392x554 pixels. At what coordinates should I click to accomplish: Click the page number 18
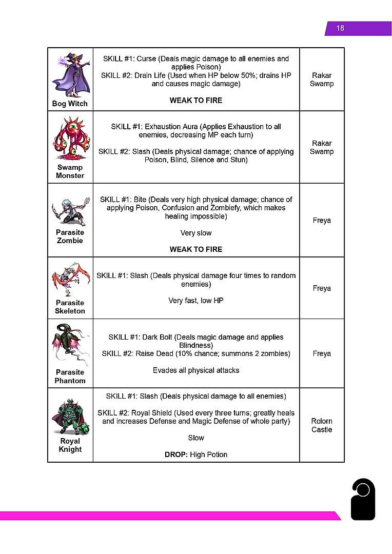340,28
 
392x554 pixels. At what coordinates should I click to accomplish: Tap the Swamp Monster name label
70,171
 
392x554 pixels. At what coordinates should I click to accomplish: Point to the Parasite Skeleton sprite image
70,280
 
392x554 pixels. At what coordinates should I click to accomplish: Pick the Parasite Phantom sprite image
70,344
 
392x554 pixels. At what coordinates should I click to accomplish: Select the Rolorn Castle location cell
322,425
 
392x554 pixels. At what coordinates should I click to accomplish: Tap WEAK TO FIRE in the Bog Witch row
196,101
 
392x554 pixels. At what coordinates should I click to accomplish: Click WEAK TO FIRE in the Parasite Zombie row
196,249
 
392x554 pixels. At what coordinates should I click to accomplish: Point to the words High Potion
209,454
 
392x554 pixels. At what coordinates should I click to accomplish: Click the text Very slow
196,233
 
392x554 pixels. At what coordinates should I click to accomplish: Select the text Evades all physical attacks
196,370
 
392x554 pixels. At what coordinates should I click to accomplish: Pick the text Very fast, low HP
196,301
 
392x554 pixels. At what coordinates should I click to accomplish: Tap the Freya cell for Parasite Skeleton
322,288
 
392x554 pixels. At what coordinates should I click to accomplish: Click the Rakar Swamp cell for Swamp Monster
322,147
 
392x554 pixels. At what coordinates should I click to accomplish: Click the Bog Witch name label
70,104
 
